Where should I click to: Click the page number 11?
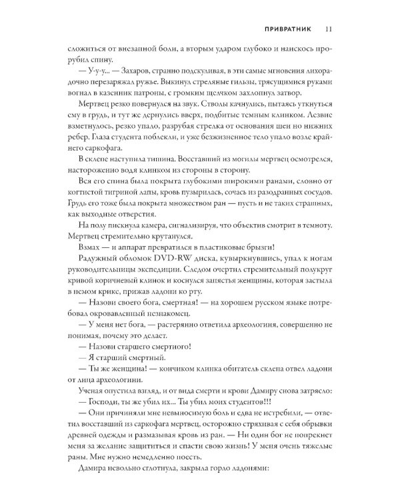pos(329,29)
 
